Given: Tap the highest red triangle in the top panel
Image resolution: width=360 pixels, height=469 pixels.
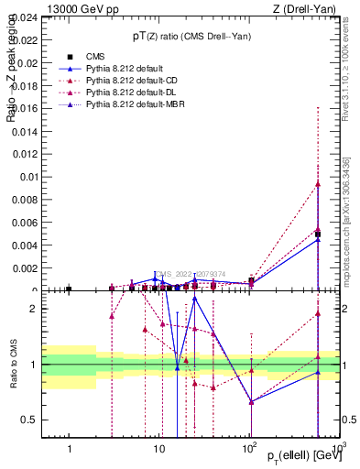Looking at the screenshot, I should [318, 183].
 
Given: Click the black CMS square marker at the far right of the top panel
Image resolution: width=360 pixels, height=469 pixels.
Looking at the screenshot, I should [318, 234].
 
